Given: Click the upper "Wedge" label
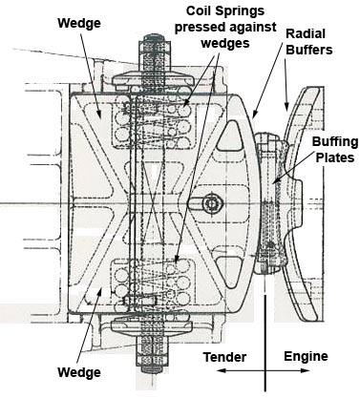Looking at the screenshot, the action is pyautogui.click(x=79, y=23).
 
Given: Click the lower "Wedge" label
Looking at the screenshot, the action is pyautogui.click(x=79, y=372).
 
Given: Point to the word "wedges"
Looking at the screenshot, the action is pyautogui.click(x=225, y=43).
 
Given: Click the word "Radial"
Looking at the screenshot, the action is pyautogui.click(x=306, y=33).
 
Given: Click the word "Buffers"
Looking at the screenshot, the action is pyautogui.click(x=309, y=50).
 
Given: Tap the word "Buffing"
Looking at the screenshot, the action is pyautogui.click(x=335, y=142).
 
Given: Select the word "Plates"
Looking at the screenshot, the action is pyautogui.click(x=335, y=157).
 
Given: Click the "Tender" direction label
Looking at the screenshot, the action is pyautogui.click(x=224, y=357).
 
